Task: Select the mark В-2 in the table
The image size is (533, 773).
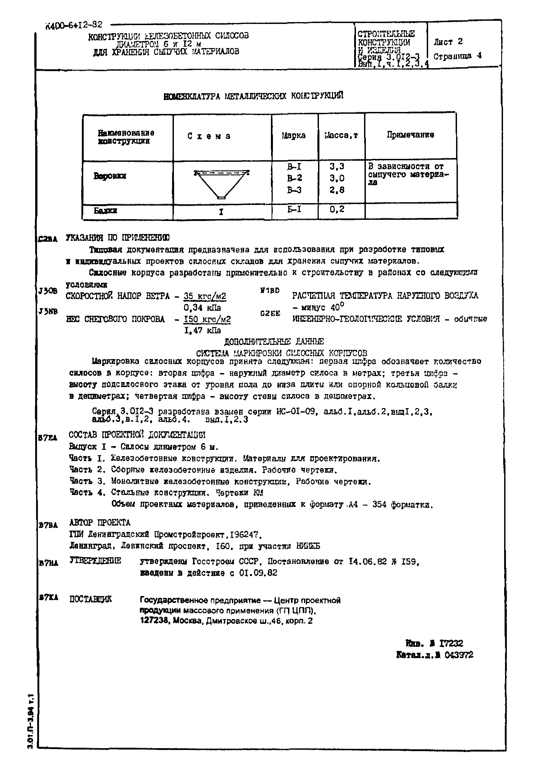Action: (294, 178)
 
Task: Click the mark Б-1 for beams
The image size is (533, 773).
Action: (294, 209)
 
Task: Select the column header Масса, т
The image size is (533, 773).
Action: (341, 136)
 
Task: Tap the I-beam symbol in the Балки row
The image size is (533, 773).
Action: (221, 212)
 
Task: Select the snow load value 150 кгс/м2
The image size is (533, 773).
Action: (207, 319)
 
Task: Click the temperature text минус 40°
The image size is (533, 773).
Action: (318, 307)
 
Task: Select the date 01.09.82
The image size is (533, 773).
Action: (258, 573)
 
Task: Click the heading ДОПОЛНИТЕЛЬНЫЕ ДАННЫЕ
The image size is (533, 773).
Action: (274, 342)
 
